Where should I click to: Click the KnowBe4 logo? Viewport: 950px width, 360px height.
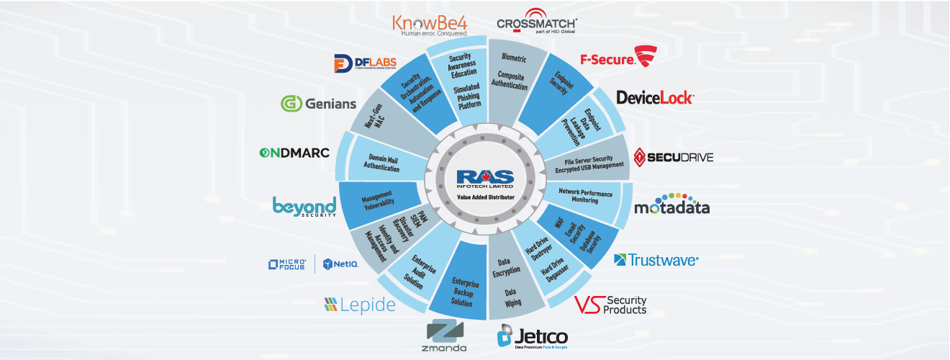(430, 23)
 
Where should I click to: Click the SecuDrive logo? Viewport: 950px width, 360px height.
(674, 156)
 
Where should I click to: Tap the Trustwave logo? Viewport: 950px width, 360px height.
(656, 259)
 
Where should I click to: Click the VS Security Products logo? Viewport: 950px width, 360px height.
(611, 305)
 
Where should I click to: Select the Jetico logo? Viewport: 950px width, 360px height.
(533, 336)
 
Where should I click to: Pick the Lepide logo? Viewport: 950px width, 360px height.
(359, 305)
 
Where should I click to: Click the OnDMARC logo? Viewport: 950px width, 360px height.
(294, 153)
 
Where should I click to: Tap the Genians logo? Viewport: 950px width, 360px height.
(318, 104)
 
